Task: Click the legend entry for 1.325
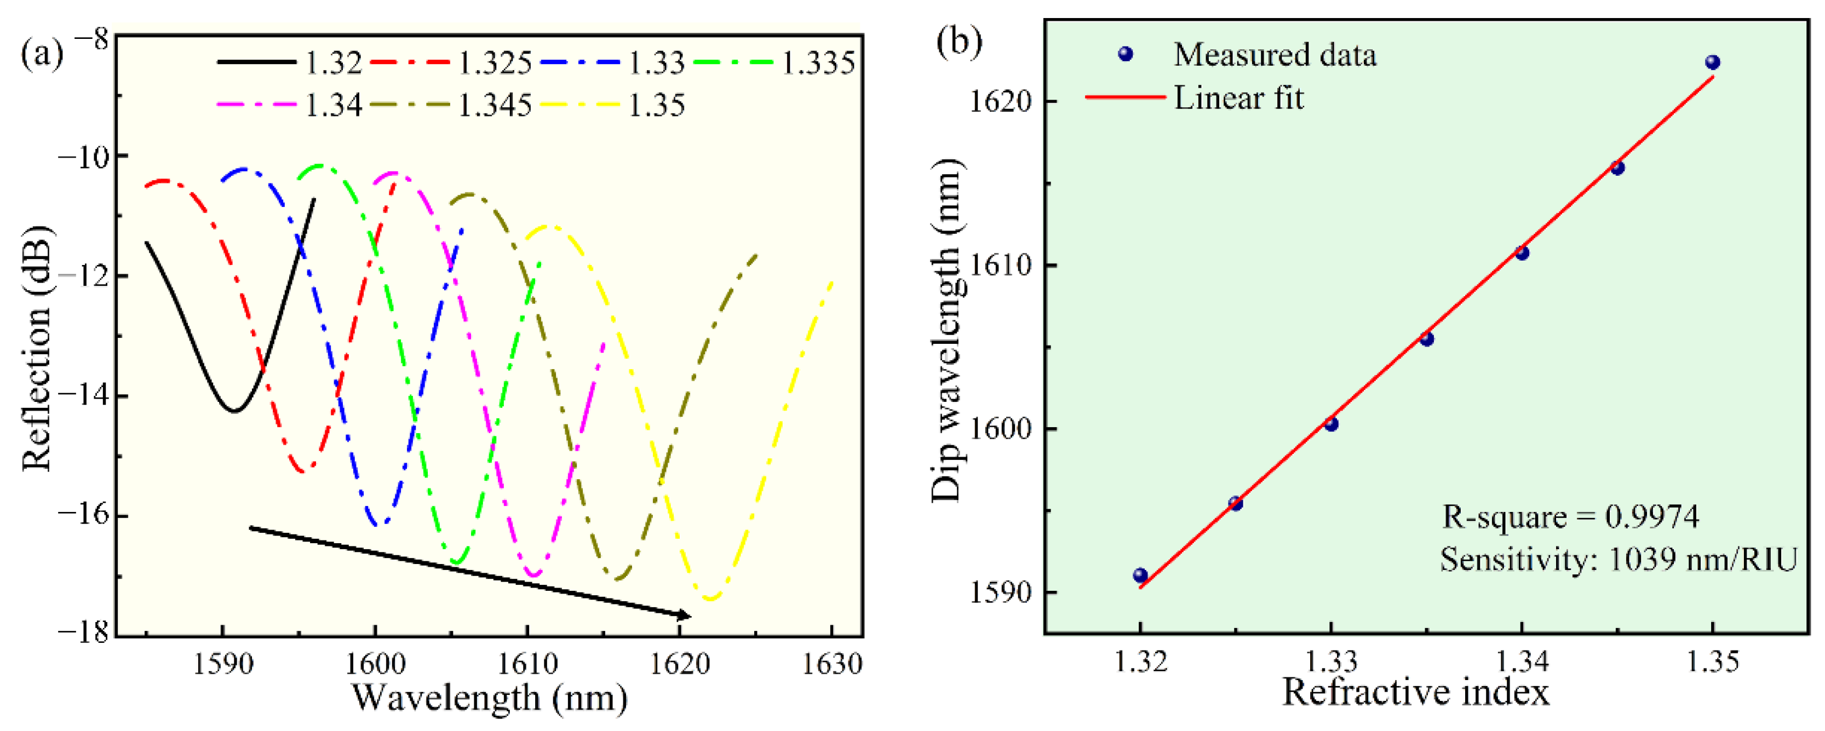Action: click(x=494, y=64)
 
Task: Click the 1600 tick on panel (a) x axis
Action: click(x=376, y=664)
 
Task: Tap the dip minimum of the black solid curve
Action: click(x=234, y=410)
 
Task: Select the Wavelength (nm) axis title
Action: click(x=489, y=698)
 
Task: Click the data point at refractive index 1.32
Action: click(x=1140, y=575)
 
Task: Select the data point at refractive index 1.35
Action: click(x=1712, y=62)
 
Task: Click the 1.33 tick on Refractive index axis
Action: click(x=1330, y=661)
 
